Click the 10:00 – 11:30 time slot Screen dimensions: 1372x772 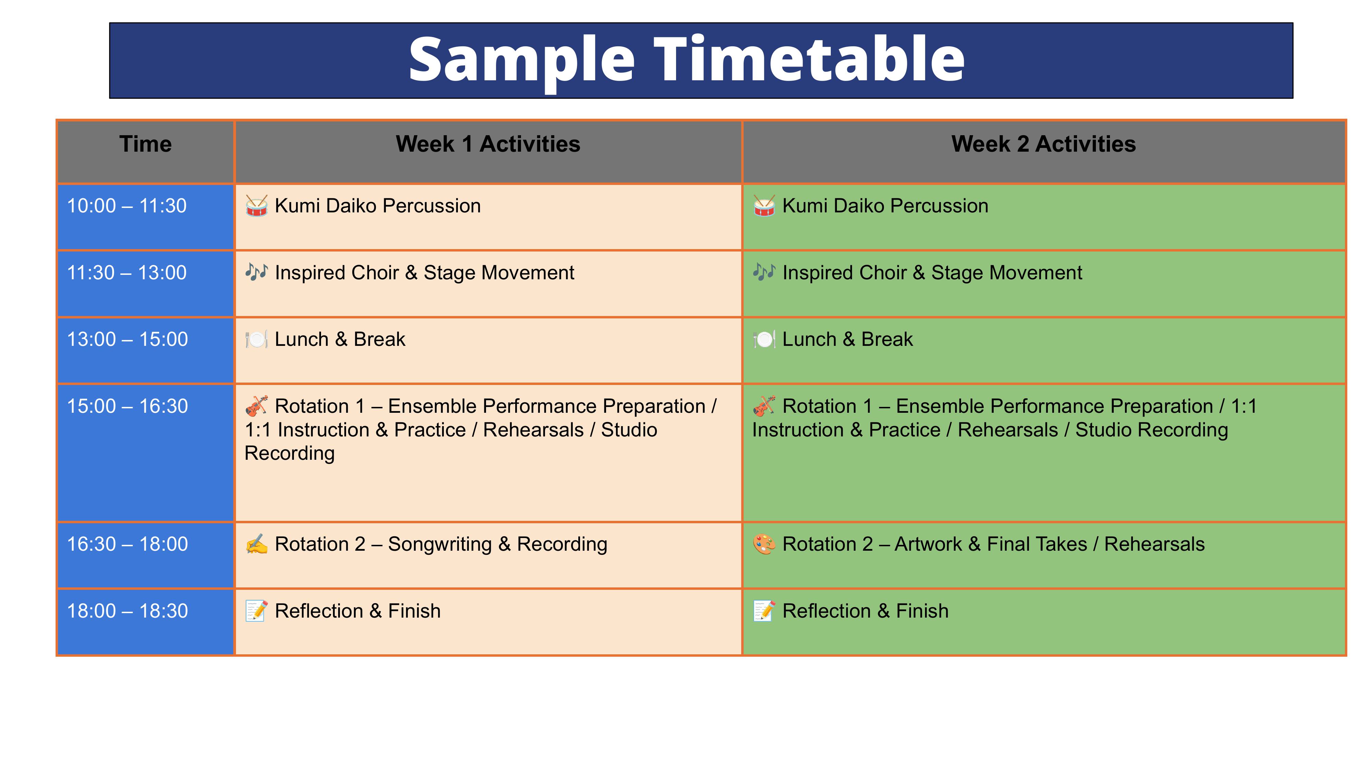point(127,206)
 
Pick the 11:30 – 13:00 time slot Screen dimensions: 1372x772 point(127,273)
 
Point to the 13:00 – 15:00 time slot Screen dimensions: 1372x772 point(127,339)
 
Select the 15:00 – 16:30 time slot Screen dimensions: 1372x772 point(127,406)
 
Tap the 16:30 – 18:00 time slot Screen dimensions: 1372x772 point(127,544)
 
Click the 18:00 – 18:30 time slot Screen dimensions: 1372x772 point(127,611)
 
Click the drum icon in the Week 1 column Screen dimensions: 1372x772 point(256,206)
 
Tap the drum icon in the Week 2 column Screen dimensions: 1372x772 point(764,206)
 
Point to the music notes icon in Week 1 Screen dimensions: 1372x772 point(256,272)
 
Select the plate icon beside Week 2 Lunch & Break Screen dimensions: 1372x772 point(764,339)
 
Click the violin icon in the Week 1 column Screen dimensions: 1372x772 point(256,406)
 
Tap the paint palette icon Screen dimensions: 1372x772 point(764,544)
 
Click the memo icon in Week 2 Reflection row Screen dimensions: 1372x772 point(764,611)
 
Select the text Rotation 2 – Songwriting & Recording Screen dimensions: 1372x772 point(441,544)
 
